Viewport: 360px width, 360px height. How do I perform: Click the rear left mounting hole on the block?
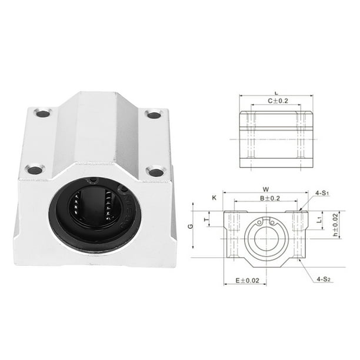tap(43, 112)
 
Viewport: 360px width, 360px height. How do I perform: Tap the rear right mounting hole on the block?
tap(154, 114)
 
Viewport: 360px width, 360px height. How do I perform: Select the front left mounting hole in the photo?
tap(35, 170)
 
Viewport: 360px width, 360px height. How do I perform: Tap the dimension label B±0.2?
tap(269, 198)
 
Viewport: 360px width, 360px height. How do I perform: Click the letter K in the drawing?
tap(214, 198)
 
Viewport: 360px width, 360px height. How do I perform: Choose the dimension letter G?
tap(189, 225)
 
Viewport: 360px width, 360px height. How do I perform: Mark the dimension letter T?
tap(206, 221)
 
